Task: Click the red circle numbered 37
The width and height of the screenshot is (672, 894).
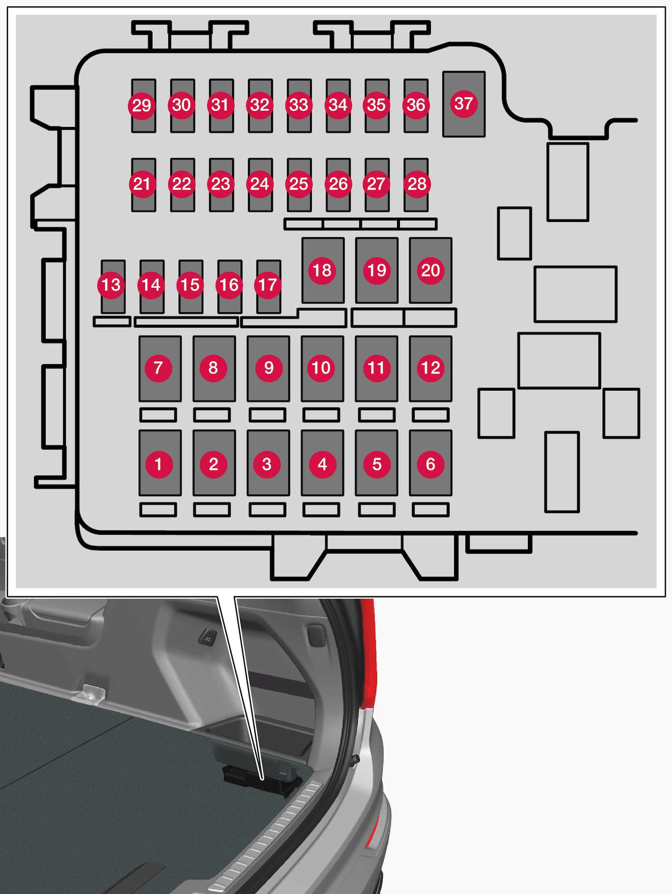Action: click(463, 103)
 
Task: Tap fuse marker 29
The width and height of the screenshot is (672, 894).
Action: click(142, 105)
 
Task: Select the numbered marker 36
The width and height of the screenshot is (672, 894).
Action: click(416, 105)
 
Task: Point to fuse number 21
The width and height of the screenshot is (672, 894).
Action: click(142, 184)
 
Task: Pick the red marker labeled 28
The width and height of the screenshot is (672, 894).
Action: click(417, 184)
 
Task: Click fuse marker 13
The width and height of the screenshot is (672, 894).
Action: click(111, 285)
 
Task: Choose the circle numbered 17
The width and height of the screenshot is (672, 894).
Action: click(268, 285)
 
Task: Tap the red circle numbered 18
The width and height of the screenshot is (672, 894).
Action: click(322, 270)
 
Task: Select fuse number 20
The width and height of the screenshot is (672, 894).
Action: click(430, 270)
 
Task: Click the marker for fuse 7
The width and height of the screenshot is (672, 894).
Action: click(158, 368)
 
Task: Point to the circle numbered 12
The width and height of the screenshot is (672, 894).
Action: click(430, 368)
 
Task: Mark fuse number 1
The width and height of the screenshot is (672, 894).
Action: click(158, 464)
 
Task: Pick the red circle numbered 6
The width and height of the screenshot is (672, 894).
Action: click(430, 464)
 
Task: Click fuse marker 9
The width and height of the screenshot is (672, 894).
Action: click(269, 368)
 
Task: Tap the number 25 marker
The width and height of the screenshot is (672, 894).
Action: click(299, 184)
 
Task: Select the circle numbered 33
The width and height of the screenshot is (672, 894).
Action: click(299, 105)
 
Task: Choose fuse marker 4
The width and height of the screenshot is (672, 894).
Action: click(323, 464)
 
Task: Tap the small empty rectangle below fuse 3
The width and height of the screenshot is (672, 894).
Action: click(268, 510)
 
